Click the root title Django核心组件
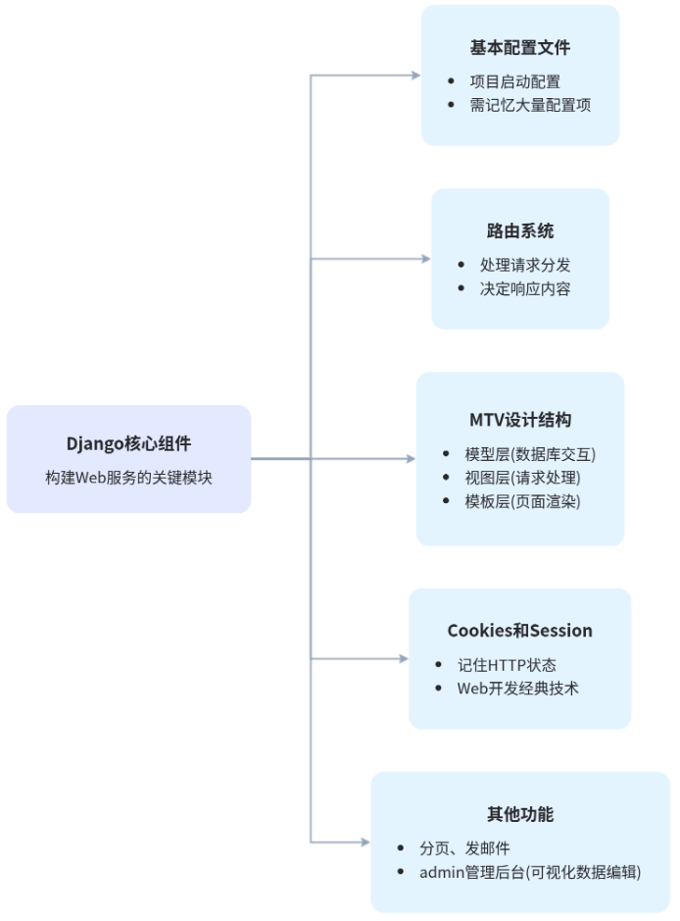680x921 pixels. click(x=128, y=442)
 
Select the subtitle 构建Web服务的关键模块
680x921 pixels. click(x=128, y=478)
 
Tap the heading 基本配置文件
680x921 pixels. click(x=520, y=48)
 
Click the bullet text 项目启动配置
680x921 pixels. click(x=515, y=81)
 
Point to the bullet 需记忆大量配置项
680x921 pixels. click(x=530, y=105)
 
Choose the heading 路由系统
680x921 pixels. click(x=520, y=231)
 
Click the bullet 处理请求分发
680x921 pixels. click(x=525, y=265)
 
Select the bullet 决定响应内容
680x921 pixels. click(x=525, y=288)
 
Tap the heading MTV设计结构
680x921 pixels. click(x=520, y=420)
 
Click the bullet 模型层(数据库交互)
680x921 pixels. click(x=530, y=454)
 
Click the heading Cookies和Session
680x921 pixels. click(x=520, y=631)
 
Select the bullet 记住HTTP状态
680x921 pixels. click(x=508, y=664)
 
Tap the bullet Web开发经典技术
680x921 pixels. click(x=517, y=688)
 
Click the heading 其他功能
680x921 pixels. click(x=520, y=814)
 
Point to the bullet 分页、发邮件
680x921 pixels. click(x=464, y=847)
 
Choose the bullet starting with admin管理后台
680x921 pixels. click(x=530, y=871)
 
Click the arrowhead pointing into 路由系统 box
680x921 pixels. click(x=425, y=259)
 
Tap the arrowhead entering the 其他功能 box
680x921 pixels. click(x=364, y=842)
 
